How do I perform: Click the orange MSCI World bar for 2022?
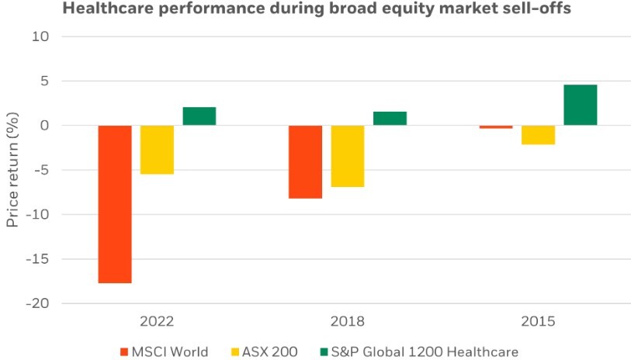(x=115, y=204)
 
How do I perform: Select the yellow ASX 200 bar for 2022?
(x=157, y=150)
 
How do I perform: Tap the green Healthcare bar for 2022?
(x=199, y=116)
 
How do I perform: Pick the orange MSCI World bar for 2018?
(x=305, y=162)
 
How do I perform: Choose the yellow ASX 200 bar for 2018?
(x=348, y=156)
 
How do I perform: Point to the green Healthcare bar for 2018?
(x=390, y=118)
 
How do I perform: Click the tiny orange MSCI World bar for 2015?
(x=496, y=126)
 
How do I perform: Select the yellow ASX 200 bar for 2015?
(x=538, y=135)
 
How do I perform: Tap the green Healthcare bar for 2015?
(x=581, y=105)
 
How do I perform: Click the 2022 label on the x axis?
(x=157, y=320)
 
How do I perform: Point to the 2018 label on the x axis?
(x=348, y=320)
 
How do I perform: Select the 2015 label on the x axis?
(x=538, y=320)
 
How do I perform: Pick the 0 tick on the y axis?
(x=44, y=125)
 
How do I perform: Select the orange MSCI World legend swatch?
(x=124, y=351)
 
